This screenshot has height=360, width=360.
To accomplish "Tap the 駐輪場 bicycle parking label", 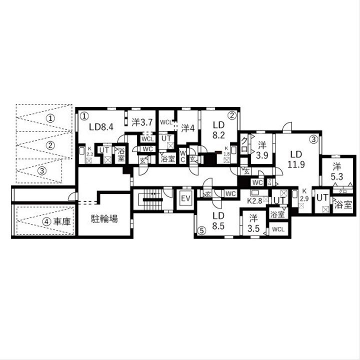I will (x=104, y=218).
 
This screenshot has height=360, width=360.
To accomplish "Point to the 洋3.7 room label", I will (x=141, y=121).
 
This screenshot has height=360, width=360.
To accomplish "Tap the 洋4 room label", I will (x=188, y=127).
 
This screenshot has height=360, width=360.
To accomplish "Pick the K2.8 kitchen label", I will (x=255, y=200).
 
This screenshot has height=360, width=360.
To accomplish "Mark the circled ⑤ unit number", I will (x=200, y=230).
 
